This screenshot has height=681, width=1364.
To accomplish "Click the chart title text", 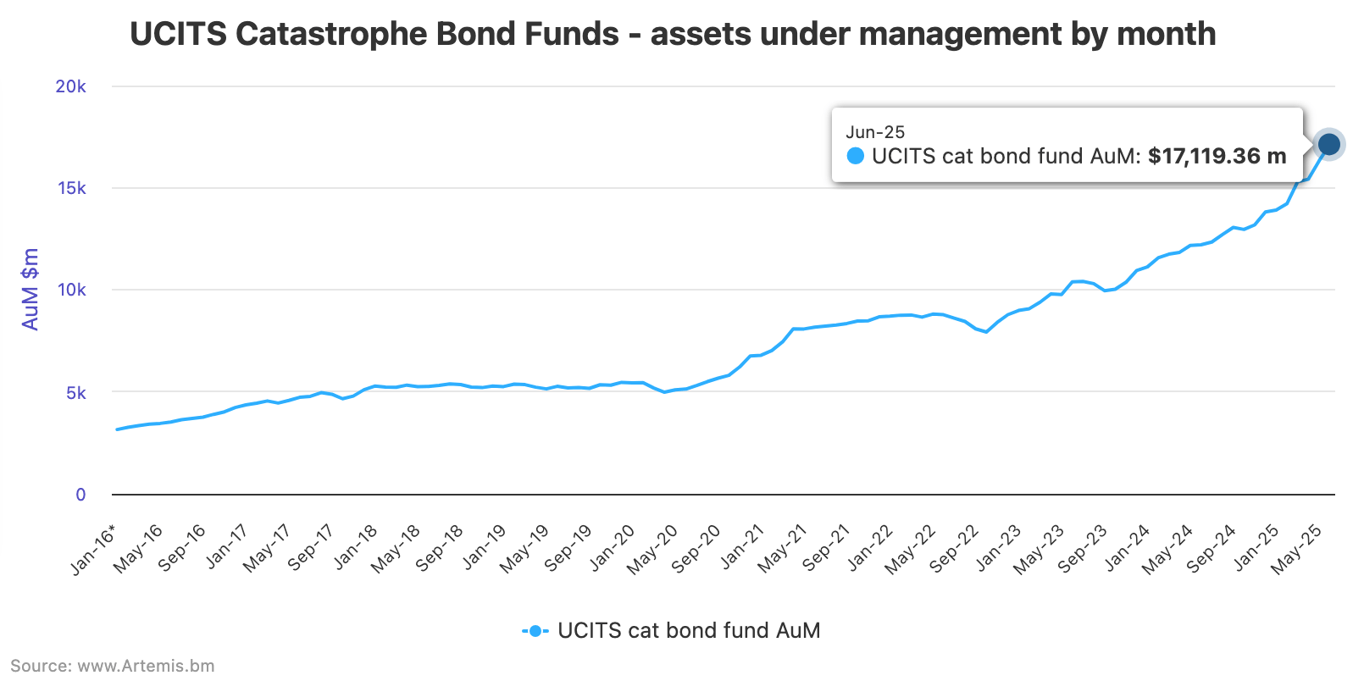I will click(673, 35).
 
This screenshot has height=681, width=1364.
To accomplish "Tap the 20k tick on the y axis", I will click(70, 86).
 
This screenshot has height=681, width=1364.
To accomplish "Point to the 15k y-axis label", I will click(71, 188).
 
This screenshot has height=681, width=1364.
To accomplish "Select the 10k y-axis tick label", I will click(71, 290).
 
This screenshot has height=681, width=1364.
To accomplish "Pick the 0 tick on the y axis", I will click(80, 495).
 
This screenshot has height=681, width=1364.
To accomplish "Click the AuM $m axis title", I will click(30, 289).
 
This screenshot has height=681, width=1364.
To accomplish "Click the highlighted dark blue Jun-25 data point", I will click(1329, 145).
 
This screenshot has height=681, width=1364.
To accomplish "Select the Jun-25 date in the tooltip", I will click(875, 132).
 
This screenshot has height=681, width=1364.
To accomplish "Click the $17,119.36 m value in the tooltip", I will click(1217, 156).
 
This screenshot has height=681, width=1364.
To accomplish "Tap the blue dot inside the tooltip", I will click(856, 156).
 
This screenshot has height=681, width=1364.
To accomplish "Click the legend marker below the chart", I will click(534, 631).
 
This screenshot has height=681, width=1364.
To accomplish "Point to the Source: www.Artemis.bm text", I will click(113, 666).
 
